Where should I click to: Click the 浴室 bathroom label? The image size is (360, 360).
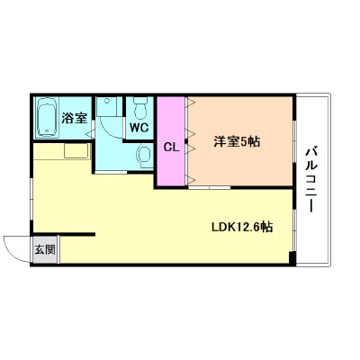[x=74, y=118]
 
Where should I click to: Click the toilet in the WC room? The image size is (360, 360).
[x=139, y=109]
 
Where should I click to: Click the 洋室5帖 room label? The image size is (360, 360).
[x=238, y=141]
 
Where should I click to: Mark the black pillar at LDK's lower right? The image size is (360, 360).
[x=291, y=259]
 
